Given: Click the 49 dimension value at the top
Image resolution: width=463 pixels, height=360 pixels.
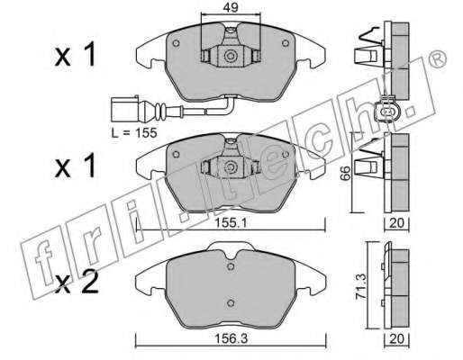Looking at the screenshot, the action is pos(231,7).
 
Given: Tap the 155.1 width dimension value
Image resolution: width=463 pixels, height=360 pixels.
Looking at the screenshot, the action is pos(231,223).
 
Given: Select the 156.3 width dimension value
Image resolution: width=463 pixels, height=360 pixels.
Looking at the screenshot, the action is pos(231,338).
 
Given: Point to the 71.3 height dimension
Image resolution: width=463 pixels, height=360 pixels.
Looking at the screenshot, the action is pos(360,286).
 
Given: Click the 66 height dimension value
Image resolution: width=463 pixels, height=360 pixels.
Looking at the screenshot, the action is pos(346,173).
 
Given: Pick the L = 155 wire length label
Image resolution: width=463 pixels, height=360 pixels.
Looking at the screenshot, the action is pos(134,132).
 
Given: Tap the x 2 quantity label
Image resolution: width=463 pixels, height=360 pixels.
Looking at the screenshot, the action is pos(77,282).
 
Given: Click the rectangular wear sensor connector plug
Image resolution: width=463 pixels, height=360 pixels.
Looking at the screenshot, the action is pos(124,109).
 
